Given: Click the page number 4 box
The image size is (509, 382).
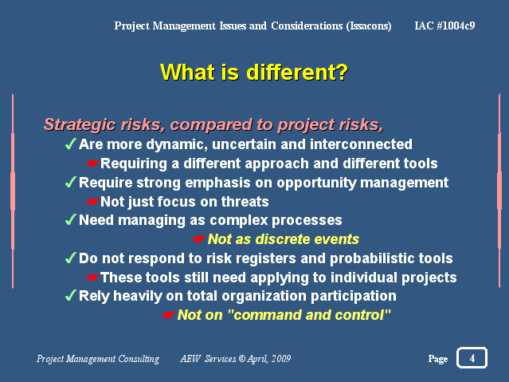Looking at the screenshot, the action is (472, 357).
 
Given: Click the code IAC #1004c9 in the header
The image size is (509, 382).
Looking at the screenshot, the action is (444, 26).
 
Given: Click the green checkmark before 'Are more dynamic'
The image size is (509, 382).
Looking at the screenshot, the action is (71, 144).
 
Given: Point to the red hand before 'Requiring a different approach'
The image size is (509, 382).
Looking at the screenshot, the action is (93, 163).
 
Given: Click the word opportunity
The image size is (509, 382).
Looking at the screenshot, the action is (316, 183).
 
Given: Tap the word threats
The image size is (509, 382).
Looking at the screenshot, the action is (245, 202).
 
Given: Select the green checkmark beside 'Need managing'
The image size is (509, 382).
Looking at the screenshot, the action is (71, 219).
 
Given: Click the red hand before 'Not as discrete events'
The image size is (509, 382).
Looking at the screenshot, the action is (198, 239).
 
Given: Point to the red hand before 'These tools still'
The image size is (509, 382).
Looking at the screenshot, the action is (93, 278).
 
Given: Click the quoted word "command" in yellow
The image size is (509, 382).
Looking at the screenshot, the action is (264, 315).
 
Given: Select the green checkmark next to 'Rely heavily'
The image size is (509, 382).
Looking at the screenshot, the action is (71, 295).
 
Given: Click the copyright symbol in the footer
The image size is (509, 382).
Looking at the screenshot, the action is (242, 359).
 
